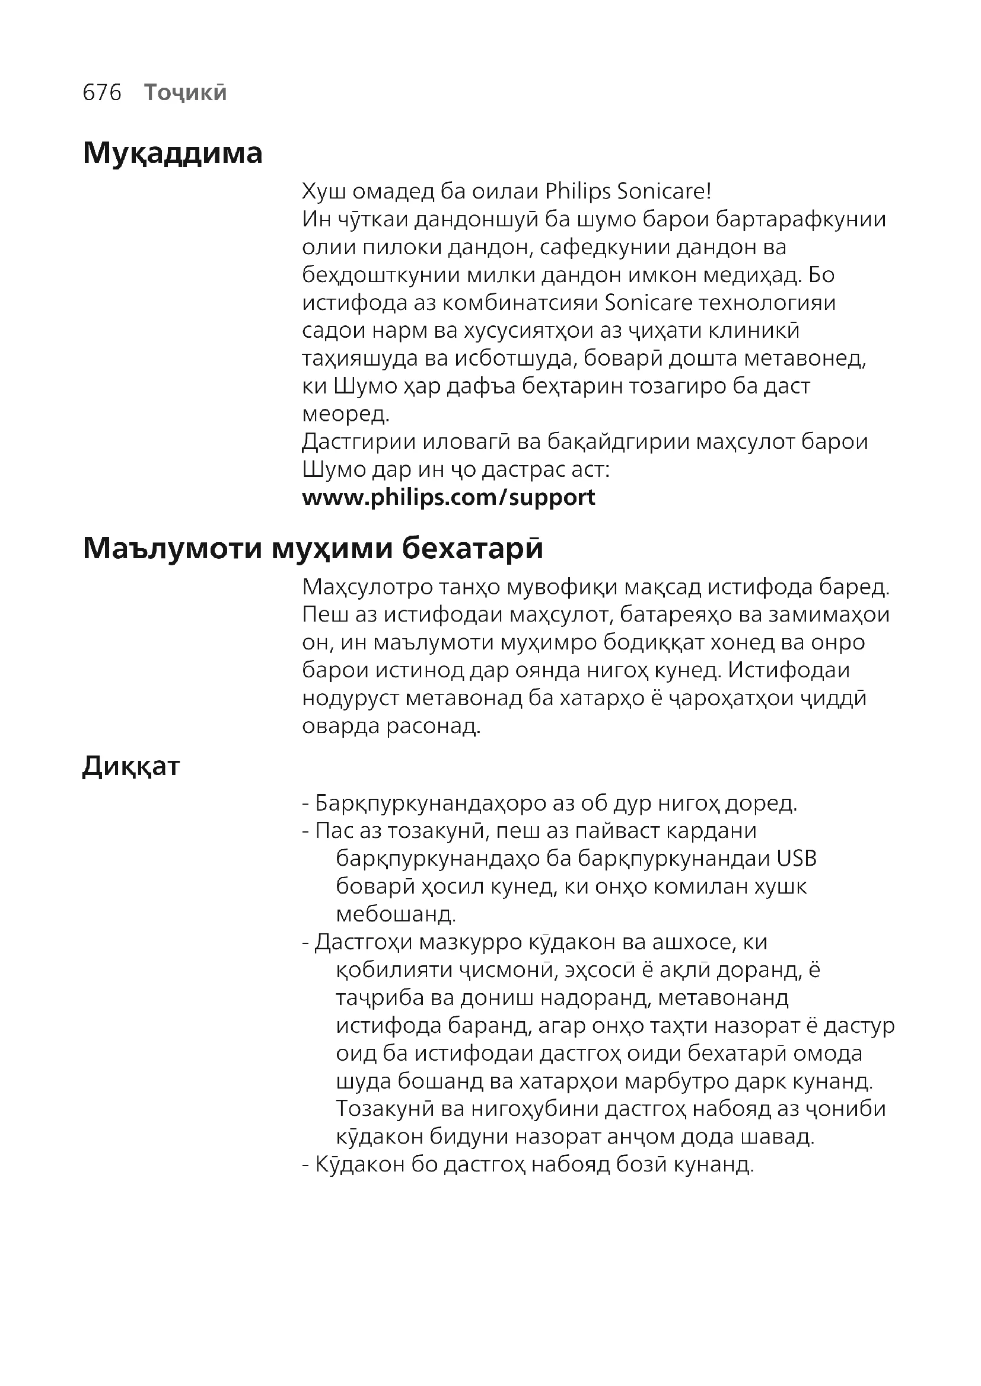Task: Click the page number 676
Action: coord(102,92)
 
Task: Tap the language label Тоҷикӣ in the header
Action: coord(186,92)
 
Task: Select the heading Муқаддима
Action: coord(173,153)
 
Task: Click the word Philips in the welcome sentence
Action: coord(578,191)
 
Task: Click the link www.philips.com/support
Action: coord(448,497)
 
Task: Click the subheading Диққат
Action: coord(131,766)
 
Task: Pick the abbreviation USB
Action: coord(797,859)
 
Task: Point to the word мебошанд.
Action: coord(396,914)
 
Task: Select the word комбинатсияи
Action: coord(520,302)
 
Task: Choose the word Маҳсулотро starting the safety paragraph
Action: coord(368,587)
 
